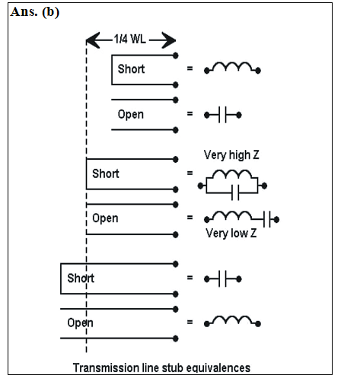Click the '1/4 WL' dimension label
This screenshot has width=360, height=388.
(x=129, y=40)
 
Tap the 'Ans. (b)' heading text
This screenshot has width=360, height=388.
(x=35, y=12)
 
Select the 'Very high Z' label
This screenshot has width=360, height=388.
(x=231, y=154)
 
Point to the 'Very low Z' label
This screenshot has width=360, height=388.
(x=231, y=233)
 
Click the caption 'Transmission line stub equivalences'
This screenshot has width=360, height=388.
(x=161, y=367)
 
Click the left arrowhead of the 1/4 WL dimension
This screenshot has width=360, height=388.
(x=93, y=40)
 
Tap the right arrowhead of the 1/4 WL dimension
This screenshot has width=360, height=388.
(x=169, y=40)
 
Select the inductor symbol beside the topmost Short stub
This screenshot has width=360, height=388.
(x=232, y=68)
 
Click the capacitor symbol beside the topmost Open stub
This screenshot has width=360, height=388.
(x=223, y=115)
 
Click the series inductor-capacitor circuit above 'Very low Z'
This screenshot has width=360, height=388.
(x=241, y=219)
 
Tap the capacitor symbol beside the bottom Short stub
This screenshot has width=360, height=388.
(x=223, y=279)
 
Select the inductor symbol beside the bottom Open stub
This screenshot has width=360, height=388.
(x=232, y=321)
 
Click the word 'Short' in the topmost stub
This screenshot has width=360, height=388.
(x=131, y=69)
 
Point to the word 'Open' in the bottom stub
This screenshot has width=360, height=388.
(x=80, y=323)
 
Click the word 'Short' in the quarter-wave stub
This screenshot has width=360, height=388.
(x=106, y=173)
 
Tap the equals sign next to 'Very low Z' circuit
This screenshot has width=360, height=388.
(x=190, y=218)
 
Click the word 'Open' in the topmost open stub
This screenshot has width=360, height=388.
(x=131, y=115)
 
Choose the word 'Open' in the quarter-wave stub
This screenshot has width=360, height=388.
(x=105, y=218)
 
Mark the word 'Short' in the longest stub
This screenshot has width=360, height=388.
(x=81, y=278)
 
